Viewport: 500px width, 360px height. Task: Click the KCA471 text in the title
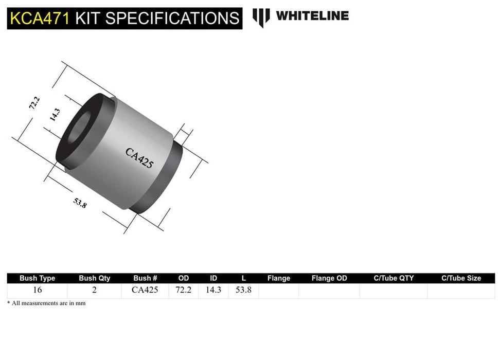point(39,19)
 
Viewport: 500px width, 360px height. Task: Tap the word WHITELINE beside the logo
point(312,16)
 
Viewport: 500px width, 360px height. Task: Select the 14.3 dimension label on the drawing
point(55,115)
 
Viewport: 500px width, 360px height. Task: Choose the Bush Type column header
point(37,278)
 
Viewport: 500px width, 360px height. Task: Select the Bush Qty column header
point(94,278)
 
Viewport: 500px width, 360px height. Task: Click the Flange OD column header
point(329,278)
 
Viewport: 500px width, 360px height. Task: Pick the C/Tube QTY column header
point(394,278)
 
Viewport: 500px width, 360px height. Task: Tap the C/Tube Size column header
point(461,278)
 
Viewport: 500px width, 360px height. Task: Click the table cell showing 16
point(38,290)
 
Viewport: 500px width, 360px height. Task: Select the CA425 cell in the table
point(145,290)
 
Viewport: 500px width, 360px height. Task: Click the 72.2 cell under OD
point(183,290)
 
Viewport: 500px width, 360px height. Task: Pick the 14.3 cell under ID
point(213,290)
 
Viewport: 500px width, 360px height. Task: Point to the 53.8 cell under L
point(243,290)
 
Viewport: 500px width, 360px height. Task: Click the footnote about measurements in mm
point(46,303)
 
